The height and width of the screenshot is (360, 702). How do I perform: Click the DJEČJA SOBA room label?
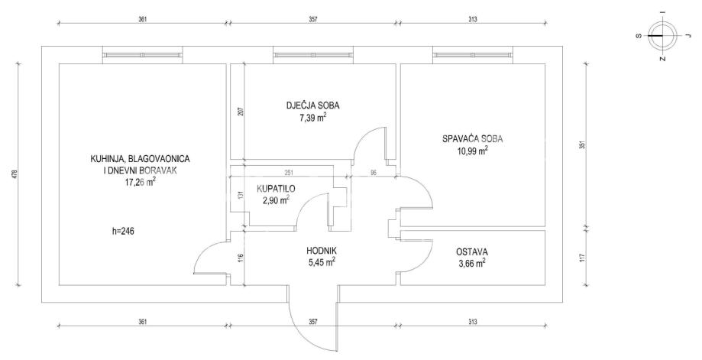click(x=313, y=106)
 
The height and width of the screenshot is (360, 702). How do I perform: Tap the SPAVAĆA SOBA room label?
click(x=471, y=139)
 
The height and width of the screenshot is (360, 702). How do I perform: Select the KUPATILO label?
click(x=276, y=189)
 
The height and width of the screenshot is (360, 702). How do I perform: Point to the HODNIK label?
click(x=322, y=251)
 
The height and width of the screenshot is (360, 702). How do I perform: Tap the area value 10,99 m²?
click(x=471, y=151)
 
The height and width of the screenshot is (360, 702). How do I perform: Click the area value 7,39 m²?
click(x=313, y=118)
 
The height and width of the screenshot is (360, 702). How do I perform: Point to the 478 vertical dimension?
click(x=15, y=174)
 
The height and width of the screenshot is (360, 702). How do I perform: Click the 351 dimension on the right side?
click(x=581, y=145)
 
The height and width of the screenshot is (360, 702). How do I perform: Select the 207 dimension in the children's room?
click(x=240, y=111)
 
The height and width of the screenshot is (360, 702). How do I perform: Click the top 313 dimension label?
click(x=473, y=19)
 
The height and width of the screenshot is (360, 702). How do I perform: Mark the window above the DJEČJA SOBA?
click(x=313, y=54)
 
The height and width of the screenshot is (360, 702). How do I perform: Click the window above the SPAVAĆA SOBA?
click(x=471, y=54)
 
